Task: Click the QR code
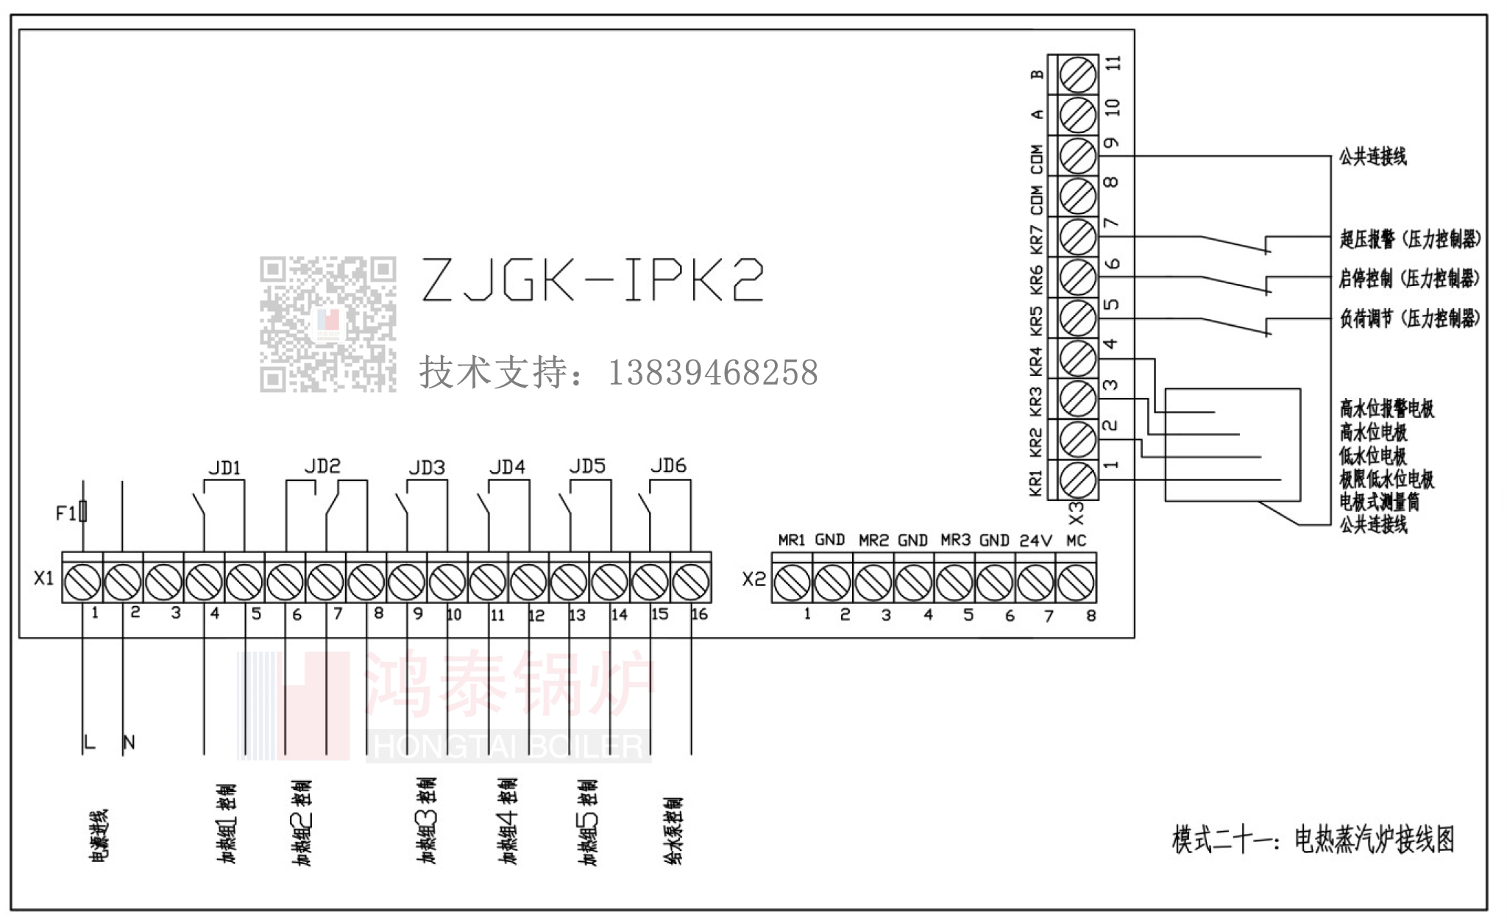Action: pyautogui.click(x=327, y=324)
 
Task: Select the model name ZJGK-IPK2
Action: pyautogui.click(x=592, y=280)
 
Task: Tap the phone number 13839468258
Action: pyautogui.click(x=712, y=373)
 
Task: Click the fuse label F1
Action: pyautogui.click(x=65, y=513)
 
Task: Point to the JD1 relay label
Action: pyautogui.click(x=224, y=468)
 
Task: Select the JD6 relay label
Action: pyautogui.click(x=668, y=466)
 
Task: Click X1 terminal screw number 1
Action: pyautogui.click(x=82, y=583)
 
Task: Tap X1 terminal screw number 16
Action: pyautogui.click(x=691, y=583)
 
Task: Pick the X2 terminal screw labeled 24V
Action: pyautogui.click(x=1035, y=583)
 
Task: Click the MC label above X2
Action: pyautogui.click(x=1076, y=541)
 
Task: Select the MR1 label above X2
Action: pyautogui.click(x=792, y=541)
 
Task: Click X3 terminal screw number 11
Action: pyautogui.click(x=1078, y=74)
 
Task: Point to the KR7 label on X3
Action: pyautogui.click(x=1036, y=237)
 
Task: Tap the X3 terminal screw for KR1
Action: pyautogui.click(x=1078, y=480)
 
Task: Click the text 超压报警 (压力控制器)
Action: pyautogui.click(x=1409, y=239)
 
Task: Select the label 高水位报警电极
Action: pyautogui.click(x=1386, y=408)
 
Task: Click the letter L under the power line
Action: pyautogui.click(x=90, y=743)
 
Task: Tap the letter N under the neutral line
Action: pyautogui.click(x=130, y=743)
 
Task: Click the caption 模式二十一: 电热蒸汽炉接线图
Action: pyautogui.click(x=1313, y=840)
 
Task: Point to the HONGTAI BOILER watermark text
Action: pyautogui.click(x=508, y=746)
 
